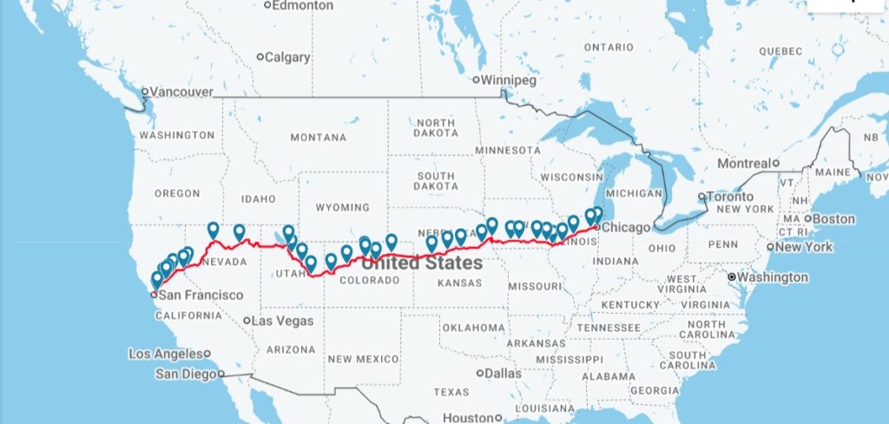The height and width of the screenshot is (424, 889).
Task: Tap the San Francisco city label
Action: coord(201,295)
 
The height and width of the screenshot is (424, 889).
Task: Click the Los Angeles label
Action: coord(165,354)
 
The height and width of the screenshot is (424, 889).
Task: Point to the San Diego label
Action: coord(186,374)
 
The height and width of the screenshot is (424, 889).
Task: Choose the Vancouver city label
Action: coord(181,91)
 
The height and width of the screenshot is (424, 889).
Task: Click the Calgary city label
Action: coord(287,57)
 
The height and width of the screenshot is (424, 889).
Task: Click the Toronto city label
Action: coord(732,196)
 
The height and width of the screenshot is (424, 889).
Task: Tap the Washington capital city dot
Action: coord(732,277)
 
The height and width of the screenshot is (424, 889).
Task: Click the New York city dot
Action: coord(770,247)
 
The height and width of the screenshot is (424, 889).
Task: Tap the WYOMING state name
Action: coord(342,208)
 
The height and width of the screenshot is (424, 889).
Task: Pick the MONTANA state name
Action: coord(318,137)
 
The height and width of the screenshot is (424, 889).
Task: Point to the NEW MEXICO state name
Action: coord(363,359)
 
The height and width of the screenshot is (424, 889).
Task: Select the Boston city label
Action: coord(834,219)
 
